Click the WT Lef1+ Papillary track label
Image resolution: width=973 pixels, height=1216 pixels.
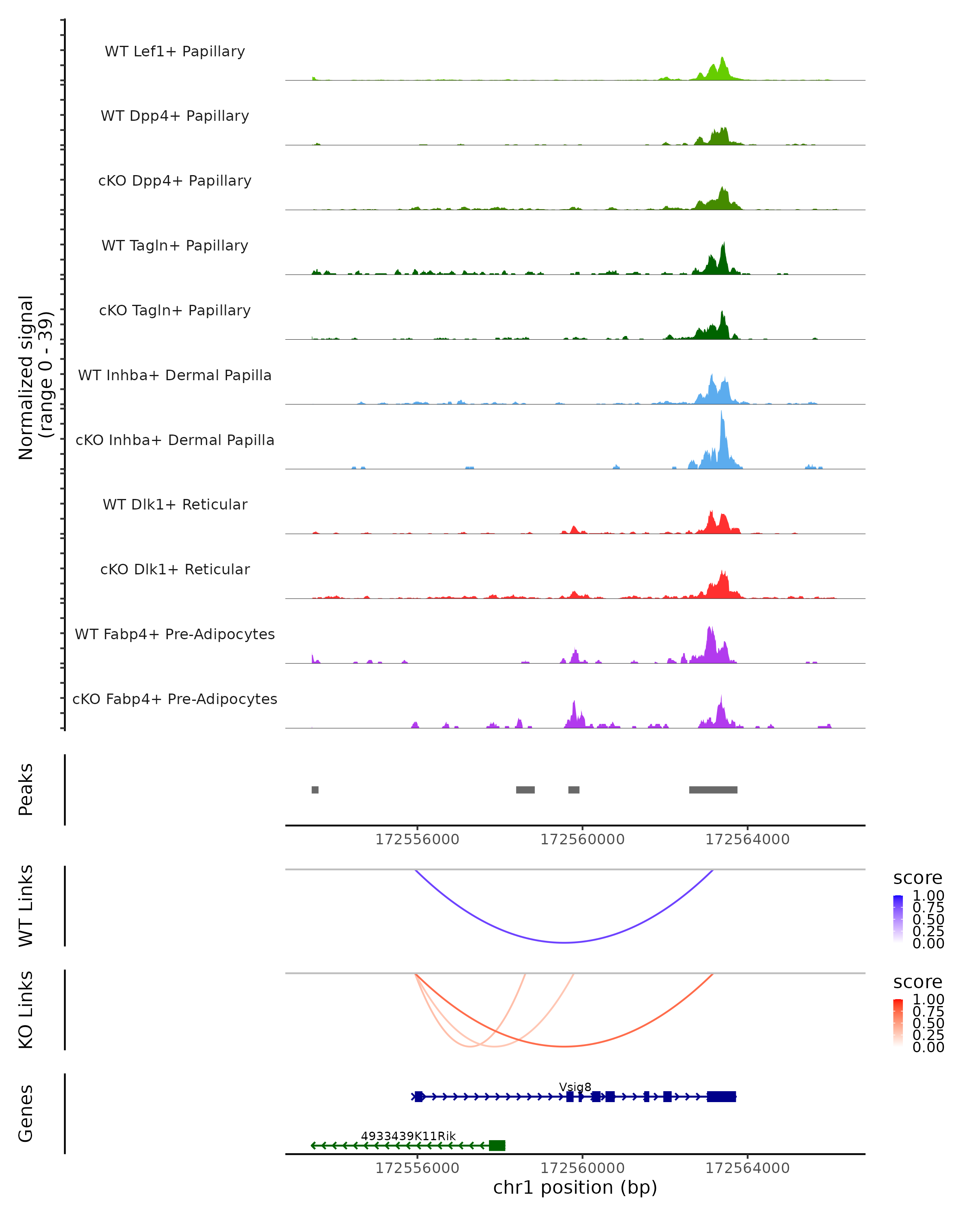coord(175,51)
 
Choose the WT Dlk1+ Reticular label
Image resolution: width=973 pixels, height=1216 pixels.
coord(175,504)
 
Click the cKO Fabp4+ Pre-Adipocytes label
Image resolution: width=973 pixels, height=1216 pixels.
coord(175,699)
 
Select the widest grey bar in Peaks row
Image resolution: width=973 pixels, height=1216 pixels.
coord(713,790)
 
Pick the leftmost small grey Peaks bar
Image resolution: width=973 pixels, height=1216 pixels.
coord(315,790)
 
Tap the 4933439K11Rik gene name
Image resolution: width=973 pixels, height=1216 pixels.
coord(408,1136)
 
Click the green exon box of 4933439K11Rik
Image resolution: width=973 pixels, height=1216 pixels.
coord(497,1145)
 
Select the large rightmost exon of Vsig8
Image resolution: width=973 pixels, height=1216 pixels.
coord(721,1096)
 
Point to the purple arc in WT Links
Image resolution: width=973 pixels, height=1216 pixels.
coord(564,942)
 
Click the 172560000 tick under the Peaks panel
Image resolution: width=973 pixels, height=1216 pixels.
coord(582,839)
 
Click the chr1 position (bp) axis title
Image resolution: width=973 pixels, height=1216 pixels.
coord(575,1187)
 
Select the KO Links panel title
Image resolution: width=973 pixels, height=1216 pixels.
coord(26,1010)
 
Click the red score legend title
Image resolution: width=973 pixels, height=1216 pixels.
coord(917,982)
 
